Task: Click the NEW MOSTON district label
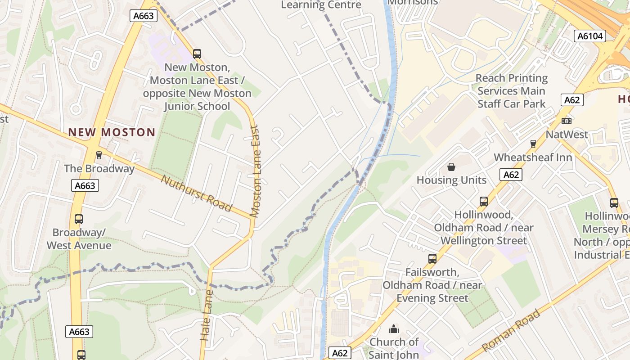pyautogui.click(x=112, y=132)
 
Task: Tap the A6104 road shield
pyautogui.click(x=590, y=36)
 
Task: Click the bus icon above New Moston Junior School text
pyautogui.click(x=197, y=54)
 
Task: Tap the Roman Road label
pyautogui.click(x=511, y=331)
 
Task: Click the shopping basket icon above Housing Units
pyautogui.click(x=451, y=167)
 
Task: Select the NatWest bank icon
pyautogui.click(x=567, y=121)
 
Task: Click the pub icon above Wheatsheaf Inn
pyautogui.click(x=533, y=144)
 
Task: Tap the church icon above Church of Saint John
pyautogui.click(x=394, y=329)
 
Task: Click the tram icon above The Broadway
pyautogui.click(x=99, y=155)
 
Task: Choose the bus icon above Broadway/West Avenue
pyautogui.click(x=79, y=219)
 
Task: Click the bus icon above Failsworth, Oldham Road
pyautogui.click(x=432, y=259)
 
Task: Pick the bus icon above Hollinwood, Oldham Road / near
pyautogui.click(x=484, y=202)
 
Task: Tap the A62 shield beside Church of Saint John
pyautogui.click(x=340, y=353)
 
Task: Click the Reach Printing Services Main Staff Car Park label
pyautogui.click(x=512, y=91)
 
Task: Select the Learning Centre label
pyautogui.click(x=321, y=5)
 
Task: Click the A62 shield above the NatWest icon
pyautogui.click(x=572, y=100)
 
